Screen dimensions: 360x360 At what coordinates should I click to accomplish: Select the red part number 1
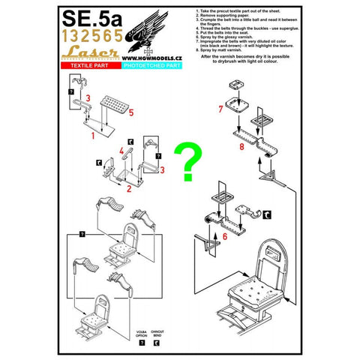(x=93, y=137)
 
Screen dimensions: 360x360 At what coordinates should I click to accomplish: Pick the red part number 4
(x=121, y=151)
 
